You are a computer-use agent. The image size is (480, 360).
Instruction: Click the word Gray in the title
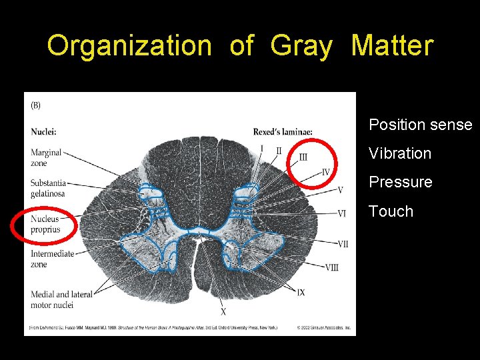click(x=303, y=46)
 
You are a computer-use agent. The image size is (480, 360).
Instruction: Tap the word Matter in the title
click(x=392, y=46)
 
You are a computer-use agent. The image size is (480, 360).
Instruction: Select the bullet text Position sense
click(x=420, y=125)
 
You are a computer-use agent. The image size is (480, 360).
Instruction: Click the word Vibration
click(x=400, y=153)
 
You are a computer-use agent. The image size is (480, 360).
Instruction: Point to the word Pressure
click(x=401, y=182)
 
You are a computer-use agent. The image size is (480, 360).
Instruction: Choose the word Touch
click(x=391, y=211)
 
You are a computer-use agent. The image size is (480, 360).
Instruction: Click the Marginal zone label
click(x=46, y=157)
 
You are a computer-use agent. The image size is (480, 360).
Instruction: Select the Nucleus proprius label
click(x=45, y=224)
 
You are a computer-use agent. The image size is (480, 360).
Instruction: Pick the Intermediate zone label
click(x=52, y=259)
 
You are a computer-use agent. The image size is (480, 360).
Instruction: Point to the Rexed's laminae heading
click(x=283, y=132)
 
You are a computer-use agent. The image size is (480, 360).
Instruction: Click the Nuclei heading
click(x=43, y=132)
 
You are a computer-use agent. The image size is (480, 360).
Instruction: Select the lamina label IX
click(x=301, y=292)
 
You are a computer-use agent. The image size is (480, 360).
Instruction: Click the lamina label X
click(x=223, y=312)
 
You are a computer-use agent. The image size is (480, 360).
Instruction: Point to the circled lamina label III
click(x=303, y=157)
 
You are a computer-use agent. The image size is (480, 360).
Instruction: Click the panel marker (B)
click(x=36, y=105)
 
